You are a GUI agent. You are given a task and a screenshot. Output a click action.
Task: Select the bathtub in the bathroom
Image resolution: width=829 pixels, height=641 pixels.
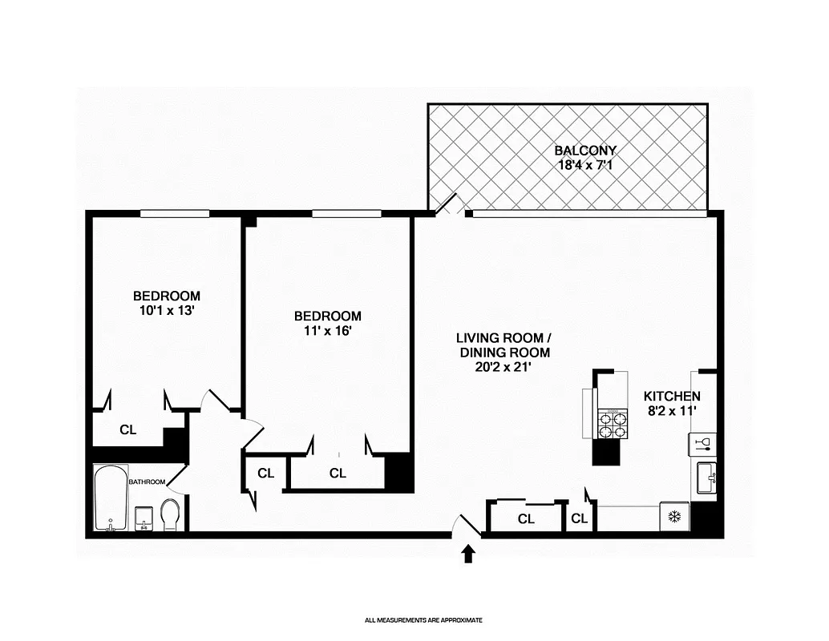(108, 498)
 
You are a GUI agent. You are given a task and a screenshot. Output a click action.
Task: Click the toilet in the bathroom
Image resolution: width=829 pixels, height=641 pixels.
(170, 514)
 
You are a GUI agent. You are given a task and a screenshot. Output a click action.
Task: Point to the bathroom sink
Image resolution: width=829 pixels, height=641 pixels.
(144, 518)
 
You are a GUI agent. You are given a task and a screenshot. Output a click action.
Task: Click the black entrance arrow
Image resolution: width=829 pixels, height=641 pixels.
(468, 554)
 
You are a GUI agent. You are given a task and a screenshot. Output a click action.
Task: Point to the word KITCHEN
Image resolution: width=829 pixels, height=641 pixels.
(672, 396)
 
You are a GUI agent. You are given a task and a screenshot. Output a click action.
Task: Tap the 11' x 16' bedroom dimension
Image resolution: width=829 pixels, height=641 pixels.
(327, 331)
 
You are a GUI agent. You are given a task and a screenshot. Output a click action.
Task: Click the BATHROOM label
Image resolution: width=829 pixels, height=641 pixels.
(147, 482)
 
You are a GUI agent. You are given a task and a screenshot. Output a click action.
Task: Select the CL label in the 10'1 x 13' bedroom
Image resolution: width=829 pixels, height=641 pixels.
(127, 429)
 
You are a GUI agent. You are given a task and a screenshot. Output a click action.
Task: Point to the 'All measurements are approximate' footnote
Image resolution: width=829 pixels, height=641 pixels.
(423, 619)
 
